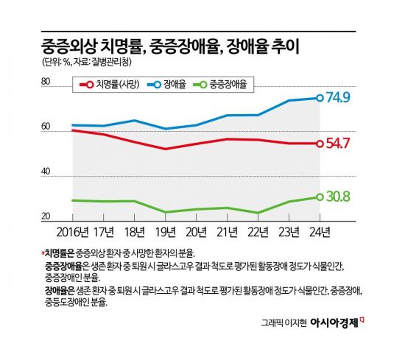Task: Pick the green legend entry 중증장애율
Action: (x=222, y=85)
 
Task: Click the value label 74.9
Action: (x=342, y=97)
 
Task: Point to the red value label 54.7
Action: (x=342, y=144)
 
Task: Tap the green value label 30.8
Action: (x=342, y=197)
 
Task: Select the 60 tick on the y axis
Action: (x=46, y=127)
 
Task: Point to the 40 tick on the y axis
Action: (x=46, y=172)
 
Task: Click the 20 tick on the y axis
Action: (x=46, y=216)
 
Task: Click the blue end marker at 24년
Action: (x=320, y=98)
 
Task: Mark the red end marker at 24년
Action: (x=320, y=144)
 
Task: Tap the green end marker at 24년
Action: (x=320, y=197)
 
